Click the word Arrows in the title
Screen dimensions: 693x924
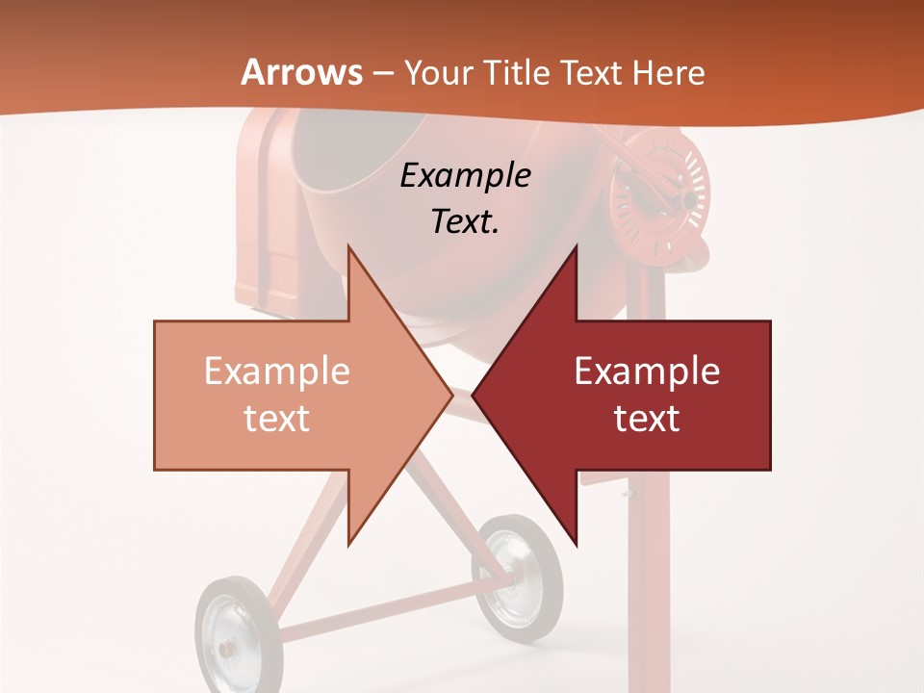tap(302, 72)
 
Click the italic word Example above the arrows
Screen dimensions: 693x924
tap(465, 175)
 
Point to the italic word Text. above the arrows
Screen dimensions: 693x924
tap(465, 221)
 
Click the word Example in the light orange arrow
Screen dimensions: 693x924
tap(277, 372)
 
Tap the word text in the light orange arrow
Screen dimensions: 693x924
tap(277, 418)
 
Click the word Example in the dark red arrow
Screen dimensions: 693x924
tap(647, 372)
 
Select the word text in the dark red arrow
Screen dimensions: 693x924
tap(647, 418)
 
